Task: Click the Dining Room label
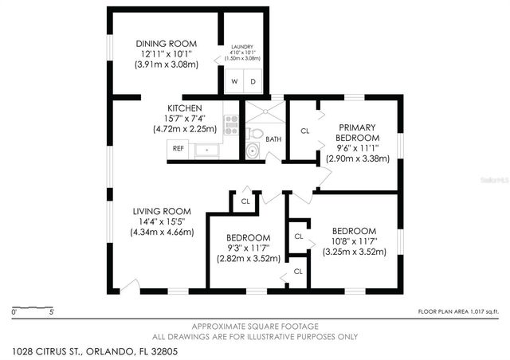point(166,44)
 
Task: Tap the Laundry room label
point(241,47)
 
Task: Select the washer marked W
point(235,81)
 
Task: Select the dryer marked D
point(253,81)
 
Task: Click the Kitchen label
point(184,108)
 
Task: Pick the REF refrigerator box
point(178,148)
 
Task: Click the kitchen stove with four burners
point(232,123)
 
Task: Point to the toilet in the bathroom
point(254,133)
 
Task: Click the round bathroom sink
point(253,150)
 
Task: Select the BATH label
point(273,139)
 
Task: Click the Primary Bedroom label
point(356,132)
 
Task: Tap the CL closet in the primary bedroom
point(304,131)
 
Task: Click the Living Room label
point(162,211)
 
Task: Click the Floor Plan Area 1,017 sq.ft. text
point(459,311)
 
